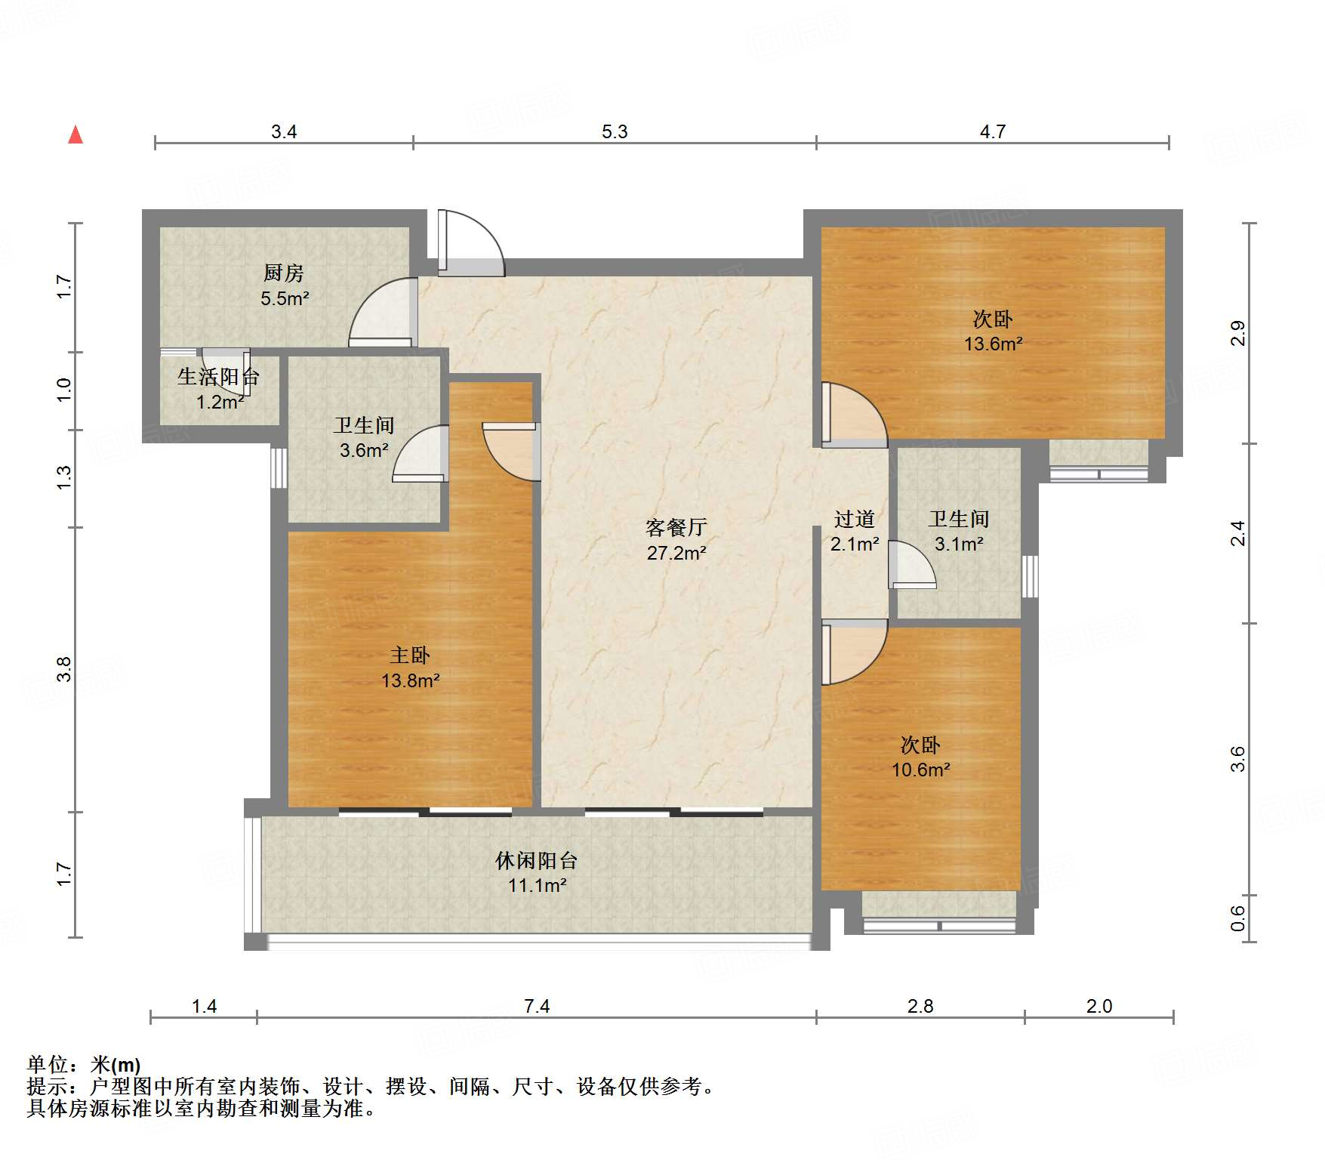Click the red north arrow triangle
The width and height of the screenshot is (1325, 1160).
tap(75, 134)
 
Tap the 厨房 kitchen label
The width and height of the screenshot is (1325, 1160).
tap(284, 273)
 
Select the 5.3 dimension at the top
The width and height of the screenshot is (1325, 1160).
tap(615, 131)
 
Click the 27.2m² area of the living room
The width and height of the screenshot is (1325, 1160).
tap(676, 553)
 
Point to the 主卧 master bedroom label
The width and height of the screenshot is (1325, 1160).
tap(410, 655)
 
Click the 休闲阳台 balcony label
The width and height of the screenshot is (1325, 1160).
tap(537, 860)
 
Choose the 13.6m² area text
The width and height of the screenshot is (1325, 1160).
tap(994, 344)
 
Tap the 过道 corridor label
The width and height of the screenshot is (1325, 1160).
tap(855, 519)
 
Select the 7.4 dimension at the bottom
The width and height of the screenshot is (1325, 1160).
tap(537, 1006)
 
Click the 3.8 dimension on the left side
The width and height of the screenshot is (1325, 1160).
tap(64, 669)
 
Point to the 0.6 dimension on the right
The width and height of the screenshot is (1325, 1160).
tap(1237, 918)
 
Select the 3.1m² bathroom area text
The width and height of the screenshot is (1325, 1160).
tap(959, 544)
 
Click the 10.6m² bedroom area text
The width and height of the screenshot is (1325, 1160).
tap(921, 770)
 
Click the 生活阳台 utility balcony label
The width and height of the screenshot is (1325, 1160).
tap(218, 376)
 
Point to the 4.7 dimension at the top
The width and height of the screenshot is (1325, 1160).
tap(993, 131)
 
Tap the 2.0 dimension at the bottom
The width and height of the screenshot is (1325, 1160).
tap(1099, 1006)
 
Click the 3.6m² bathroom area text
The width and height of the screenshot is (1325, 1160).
tap(364, 451)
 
